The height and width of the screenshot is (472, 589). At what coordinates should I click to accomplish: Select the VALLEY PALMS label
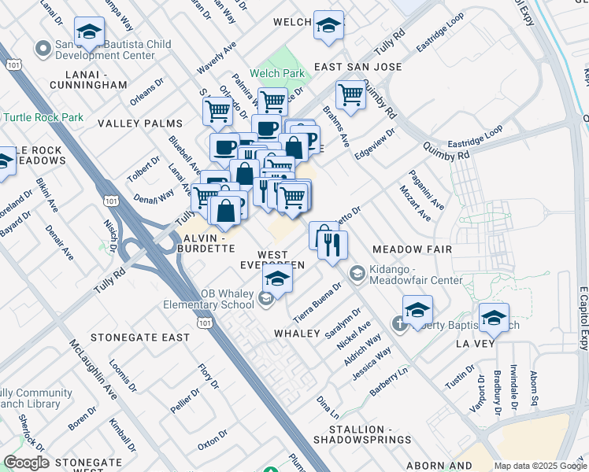(139, 124)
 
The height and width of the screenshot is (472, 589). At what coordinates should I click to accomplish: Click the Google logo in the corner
(26, 463)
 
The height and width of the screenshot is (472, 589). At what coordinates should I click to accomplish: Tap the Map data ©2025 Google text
(539, 466)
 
